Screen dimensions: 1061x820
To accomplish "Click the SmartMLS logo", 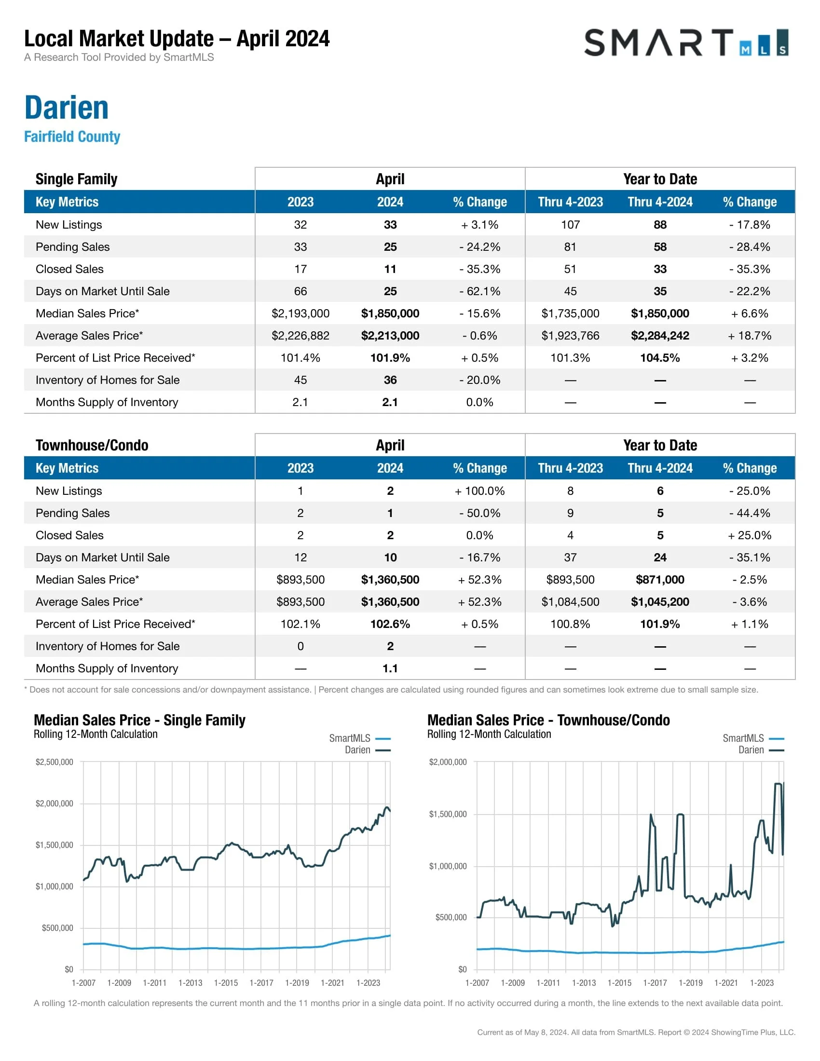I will (x=685, y=43).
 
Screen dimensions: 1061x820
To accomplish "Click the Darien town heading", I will (x=67, y=108).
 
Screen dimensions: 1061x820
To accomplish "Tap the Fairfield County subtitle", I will (x=72, y=136).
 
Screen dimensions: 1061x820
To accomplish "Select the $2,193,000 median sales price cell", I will (x=300, y=313).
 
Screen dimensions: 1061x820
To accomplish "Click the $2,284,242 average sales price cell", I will (x=660, y=336).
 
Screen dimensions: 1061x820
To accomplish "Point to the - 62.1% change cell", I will (x=479, y=291).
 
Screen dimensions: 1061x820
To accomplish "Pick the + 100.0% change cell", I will (x=479, y=491).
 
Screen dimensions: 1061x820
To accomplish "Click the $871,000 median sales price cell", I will (x=660, y=580).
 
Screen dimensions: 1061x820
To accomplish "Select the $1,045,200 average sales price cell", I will (x=660, y=602).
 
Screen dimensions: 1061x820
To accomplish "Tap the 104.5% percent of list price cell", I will (x=660, y=358).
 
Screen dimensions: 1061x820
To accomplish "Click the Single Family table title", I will (x=76, y=179).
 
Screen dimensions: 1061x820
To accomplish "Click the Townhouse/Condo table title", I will (x=92, y=446).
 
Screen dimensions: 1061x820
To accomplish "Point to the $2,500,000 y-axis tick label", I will (x=55, y=762).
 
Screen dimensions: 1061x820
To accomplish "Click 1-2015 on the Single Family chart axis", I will (x=226, y=983).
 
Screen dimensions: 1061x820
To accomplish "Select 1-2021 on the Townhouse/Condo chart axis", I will (x=726, y=983).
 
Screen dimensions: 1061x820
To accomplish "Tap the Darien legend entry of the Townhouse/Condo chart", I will (x=751, y=750).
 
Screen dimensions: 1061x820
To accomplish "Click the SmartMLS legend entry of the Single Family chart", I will (x=350, y=738).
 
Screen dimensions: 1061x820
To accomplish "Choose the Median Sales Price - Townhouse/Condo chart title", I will (x=548, y=720).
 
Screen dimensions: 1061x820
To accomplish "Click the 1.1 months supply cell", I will (x=390, y=668).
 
